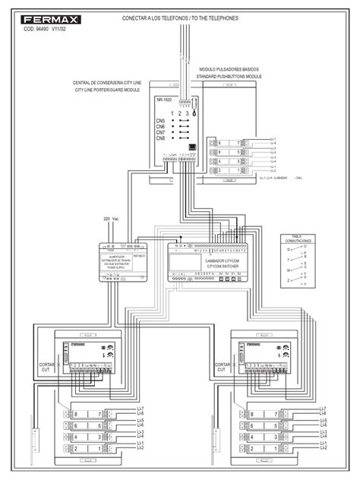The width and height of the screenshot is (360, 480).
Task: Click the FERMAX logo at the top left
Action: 36,10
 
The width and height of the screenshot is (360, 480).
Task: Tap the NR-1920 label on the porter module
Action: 163,99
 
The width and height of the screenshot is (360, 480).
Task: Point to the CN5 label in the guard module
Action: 160,120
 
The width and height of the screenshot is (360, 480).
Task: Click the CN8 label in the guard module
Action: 160,138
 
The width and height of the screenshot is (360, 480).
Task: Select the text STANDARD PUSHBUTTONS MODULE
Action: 228,77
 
